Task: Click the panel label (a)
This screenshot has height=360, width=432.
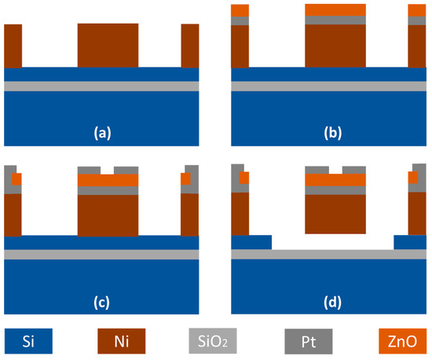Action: [101, 132]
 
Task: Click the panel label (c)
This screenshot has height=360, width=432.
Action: [101, 300]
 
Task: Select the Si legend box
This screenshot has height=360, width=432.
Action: [29, 342]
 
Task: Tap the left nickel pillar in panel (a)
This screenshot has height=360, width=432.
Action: [13, 46]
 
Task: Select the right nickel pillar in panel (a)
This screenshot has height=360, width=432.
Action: [191, 46]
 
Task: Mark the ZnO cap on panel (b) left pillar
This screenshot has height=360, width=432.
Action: [240, 10]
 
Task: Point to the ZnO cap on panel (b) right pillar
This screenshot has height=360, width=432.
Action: [416, 10]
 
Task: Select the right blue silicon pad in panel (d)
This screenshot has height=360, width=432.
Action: [409, 242]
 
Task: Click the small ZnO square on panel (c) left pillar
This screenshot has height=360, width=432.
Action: [16, 178]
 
